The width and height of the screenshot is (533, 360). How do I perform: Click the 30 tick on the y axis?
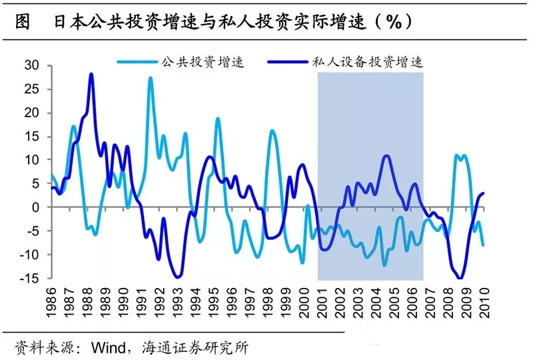pyautogui.click(x=32, y=65)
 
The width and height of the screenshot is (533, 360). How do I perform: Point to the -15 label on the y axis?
pyautogui.click(x=30, y=278)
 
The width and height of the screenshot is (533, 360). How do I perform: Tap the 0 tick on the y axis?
pyautogui.click(x=37, y=207)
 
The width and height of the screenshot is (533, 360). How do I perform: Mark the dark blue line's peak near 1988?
pyautogui.click(x=91, y=74)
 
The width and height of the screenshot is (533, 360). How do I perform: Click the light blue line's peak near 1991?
pyautogui.click(x=151, y=78)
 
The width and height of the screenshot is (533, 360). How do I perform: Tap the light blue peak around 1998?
pyautogui.click(x=272, y=131)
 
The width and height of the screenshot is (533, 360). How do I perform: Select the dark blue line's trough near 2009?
pyautogui.click(x=460, y=278)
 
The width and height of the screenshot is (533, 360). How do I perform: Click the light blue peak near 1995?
pyautogui.click(x=217, y=119)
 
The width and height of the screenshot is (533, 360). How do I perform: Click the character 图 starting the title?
pyautogui.click(x=21, y=21)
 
